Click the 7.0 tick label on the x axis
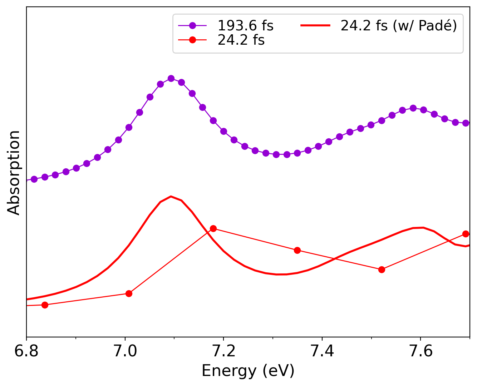point(125,351)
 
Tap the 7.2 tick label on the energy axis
point(223,351)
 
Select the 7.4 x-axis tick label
point(322,351)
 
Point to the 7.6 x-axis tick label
point(421,351)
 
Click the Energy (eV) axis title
point(248,371)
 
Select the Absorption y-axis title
point(14,172)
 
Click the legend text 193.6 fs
point(245,26)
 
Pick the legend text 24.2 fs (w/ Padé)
point(399,26)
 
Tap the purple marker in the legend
point(192,25)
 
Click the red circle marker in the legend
point(192,40)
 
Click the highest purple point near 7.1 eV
point(171,78)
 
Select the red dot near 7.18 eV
point(213,228)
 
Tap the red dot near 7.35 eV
point(297,250)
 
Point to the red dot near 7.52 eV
point(382,269)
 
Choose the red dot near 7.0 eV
point(129,293)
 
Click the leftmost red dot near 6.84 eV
point(45,305)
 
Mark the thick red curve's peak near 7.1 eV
point(171,196)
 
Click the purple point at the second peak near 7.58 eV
point(413,108)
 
